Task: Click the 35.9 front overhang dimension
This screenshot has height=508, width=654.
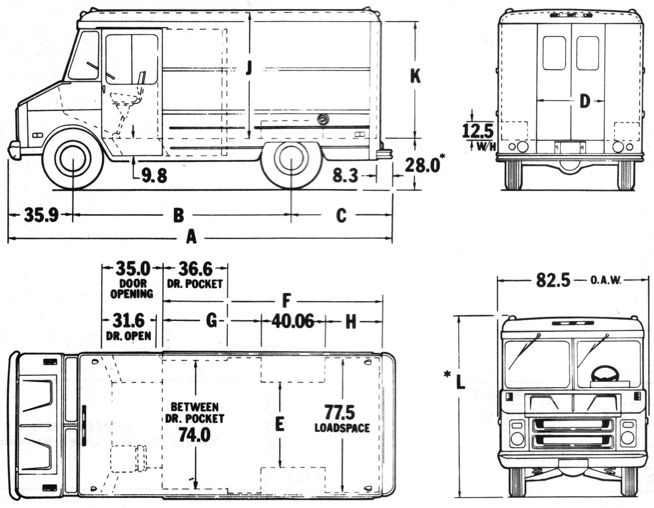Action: tap(41, 215)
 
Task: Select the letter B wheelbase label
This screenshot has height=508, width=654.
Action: tap(179, 215)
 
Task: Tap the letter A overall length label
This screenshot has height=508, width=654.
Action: tap(191, 238)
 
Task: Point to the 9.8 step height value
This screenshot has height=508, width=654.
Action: tap(154, 176)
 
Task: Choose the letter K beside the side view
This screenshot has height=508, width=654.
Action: tap(415, 77)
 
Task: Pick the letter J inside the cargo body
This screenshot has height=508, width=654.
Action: tap(249, 68)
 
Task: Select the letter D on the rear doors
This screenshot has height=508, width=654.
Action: tap(584, 101)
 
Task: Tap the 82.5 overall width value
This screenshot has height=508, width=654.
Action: tap(553, 280)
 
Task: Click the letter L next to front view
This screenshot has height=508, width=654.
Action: tap(460, 382)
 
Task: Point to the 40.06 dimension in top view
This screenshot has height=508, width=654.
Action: tap(293, 321)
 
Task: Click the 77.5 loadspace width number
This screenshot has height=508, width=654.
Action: tap(339, 413)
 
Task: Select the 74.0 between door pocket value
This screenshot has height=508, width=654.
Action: tap(194, 435)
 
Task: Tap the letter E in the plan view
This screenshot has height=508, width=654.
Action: tap(279, 424)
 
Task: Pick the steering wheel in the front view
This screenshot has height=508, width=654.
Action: tap(604, 374)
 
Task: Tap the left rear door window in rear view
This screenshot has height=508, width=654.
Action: tap(554, 53)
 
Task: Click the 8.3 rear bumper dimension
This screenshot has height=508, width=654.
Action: tap(345, 176)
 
